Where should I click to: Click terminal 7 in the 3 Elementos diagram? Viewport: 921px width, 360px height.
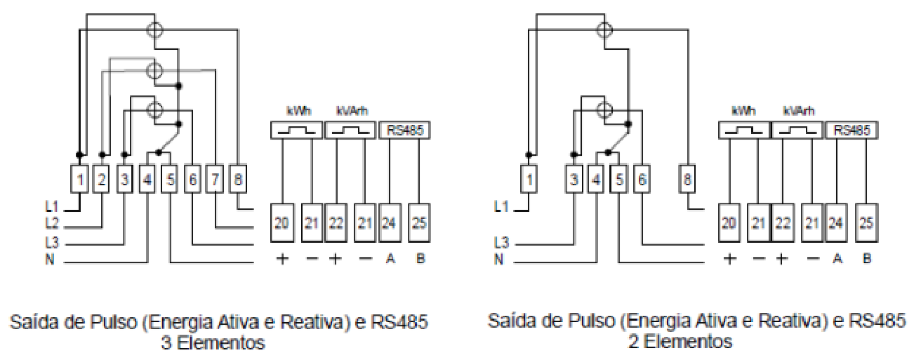[215, 179]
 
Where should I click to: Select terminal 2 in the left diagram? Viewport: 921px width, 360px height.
[102, 179]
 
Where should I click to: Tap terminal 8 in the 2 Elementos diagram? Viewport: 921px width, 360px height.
[687, 179]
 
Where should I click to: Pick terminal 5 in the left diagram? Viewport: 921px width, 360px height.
[170, 179]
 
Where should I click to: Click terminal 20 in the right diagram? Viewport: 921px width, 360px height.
[729, 222]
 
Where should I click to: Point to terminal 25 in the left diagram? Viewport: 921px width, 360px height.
[419, 222]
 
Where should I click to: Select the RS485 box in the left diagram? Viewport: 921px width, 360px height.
[404, 131]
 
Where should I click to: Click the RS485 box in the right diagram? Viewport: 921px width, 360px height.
[852, 131]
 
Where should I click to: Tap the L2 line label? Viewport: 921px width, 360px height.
[52, 224]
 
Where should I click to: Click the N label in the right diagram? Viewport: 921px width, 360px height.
[498, 260]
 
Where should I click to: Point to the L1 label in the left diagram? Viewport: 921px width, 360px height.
[52, 207]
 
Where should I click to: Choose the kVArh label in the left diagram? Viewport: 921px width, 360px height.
[352, 111]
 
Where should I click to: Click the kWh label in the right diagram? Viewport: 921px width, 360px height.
[744, 111]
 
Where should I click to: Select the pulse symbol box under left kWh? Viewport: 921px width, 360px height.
[296, 131]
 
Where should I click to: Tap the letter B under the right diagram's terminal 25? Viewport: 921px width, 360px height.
[867, 258]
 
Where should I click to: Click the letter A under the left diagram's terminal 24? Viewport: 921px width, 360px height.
[390, 258]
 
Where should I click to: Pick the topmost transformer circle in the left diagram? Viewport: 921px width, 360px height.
[154, 30]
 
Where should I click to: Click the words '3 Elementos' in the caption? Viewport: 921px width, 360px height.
[213, 342]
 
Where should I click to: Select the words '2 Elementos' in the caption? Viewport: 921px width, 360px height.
[680, 342]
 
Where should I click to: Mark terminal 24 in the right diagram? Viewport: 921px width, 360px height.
[836, 222]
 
